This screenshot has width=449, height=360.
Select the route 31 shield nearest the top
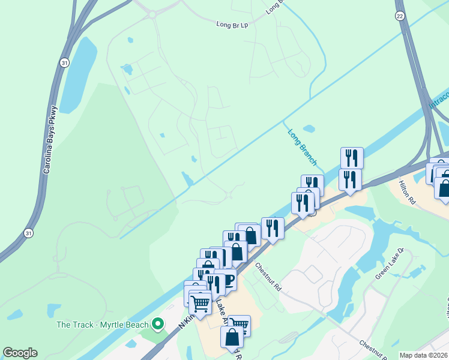(64, 62)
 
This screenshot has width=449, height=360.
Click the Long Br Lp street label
(232, 25)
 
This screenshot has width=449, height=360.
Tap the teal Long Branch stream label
(302, 147)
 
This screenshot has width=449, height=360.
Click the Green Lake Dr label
(390, 264)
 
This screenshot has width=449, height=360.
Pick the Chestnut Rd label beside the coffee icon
(268, 276)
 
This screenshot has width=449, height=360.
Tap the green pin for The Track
(158, 325)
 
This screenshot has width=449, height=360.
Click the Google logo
(20, 353)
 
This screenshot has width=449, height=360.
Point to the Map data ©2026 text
(424, 355)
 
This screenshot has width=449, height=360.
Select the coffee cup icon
(225, 280)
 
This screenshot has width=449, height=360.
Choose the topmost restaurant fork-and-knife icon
(352, 158)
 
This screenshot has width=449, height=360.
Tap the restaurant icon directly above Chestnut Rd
(273, 228)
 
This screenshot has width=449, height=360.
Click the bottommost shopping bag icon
(232, 337)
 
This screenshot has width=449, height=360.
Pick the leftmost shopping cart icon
(200, 302)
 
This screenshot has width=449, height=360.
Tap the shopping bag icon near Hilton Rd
(444, 187)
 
